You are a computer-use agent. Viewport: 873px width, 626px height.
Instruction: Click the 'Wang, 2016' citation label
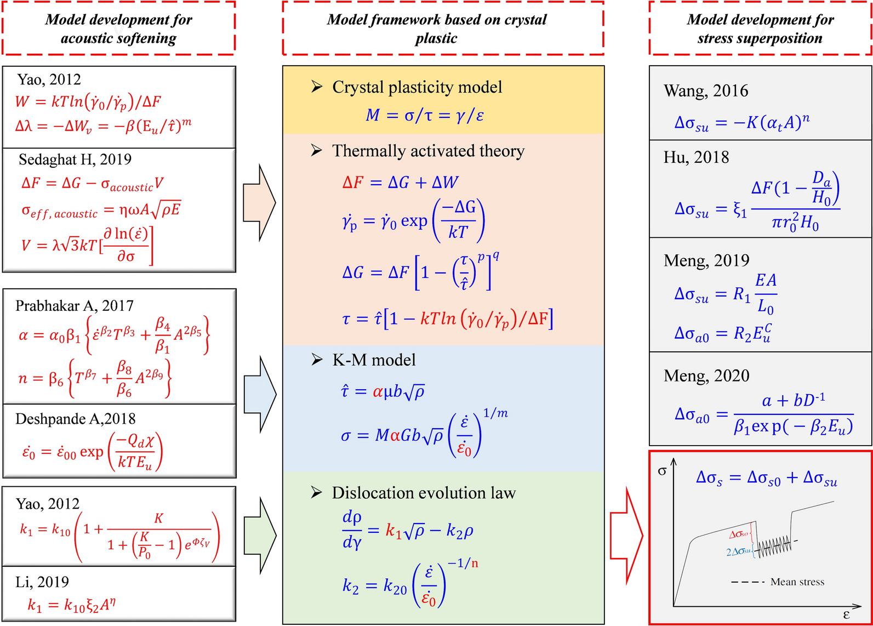[x=706, y=90]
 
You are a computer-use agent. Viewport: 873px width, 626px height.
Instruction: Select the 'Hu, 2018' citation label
[x=696, y=157]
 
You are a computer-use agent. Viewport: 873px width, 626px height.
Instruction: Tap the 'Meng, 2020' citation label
[x=706, y=375]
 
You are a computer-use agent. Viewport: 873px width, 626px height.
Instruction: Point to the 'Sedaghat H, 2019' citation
[x=75, y=160]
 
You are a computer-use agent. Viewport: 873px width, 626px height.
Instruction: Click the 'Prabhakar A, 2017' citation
[x=75, y=305]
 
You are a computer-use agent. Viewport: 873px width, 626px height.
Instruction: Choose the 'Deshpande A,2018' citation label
[x=76, y=419]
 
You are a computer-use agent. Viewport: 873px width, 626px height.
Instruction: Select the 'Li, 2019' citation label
[x=42, y=582]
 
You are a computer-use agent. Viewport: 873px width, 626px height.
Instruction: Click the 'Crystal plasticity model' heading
[x=416, y=87]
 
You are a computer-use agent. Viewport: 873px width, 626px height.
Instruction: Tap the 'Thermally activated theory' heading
[x=428, y=151]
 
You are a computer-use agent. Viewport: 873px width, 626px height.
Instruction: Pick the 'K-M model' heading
[x=374, y=360]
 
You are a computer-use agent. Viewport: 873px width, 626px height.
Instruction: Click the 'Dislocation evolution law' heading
[x=424, y=493]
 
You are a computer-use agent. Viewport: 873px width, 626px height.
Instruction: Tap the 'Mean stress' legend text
[x=797, y=582]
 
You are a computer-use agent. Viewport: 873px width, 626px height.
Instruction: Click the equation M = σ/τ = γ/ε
[x=425, y=115]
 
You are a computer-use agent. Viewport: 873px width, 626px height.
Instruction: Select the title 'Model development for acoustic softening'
[x=118, y=29]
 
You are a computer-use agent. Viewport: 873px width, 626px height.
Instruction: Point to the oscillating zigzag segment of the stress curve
[x=774, y=545]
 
